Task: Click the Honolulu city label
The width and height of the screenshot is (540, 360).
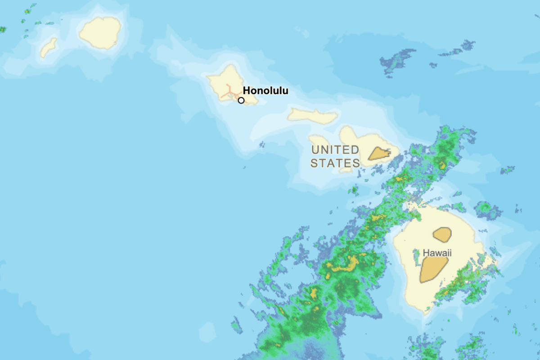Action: coord(265,90)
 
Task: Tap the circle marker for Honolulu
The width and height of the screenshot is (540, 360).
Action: coord(241,100)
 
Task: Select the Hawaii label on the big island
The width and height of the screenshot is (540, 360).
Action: coord(437,253)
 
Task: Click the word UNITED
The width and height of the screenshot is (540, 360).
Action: coord(335,150)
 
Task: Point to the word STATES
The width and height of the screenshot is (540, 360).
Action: coord(335,163)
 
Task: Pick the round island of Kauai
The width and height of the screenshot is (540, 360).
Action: coord(100,33)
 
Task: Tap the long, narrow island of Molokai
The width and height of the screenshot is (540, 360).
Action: coord(313,116)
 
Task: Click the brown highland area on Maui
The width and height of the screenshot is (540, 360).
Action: coord(379,154)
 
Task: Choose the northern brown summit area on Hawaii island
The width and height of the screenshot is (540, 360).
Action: coord(442,234)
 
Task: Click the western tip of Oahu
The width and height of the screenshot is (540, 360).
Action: coord(208,77)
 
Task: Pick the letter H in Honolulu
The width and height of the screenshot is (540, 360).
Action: coord(247,90)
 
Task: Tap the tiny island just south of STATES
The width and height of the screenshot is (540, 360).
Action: coord(346,171)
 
